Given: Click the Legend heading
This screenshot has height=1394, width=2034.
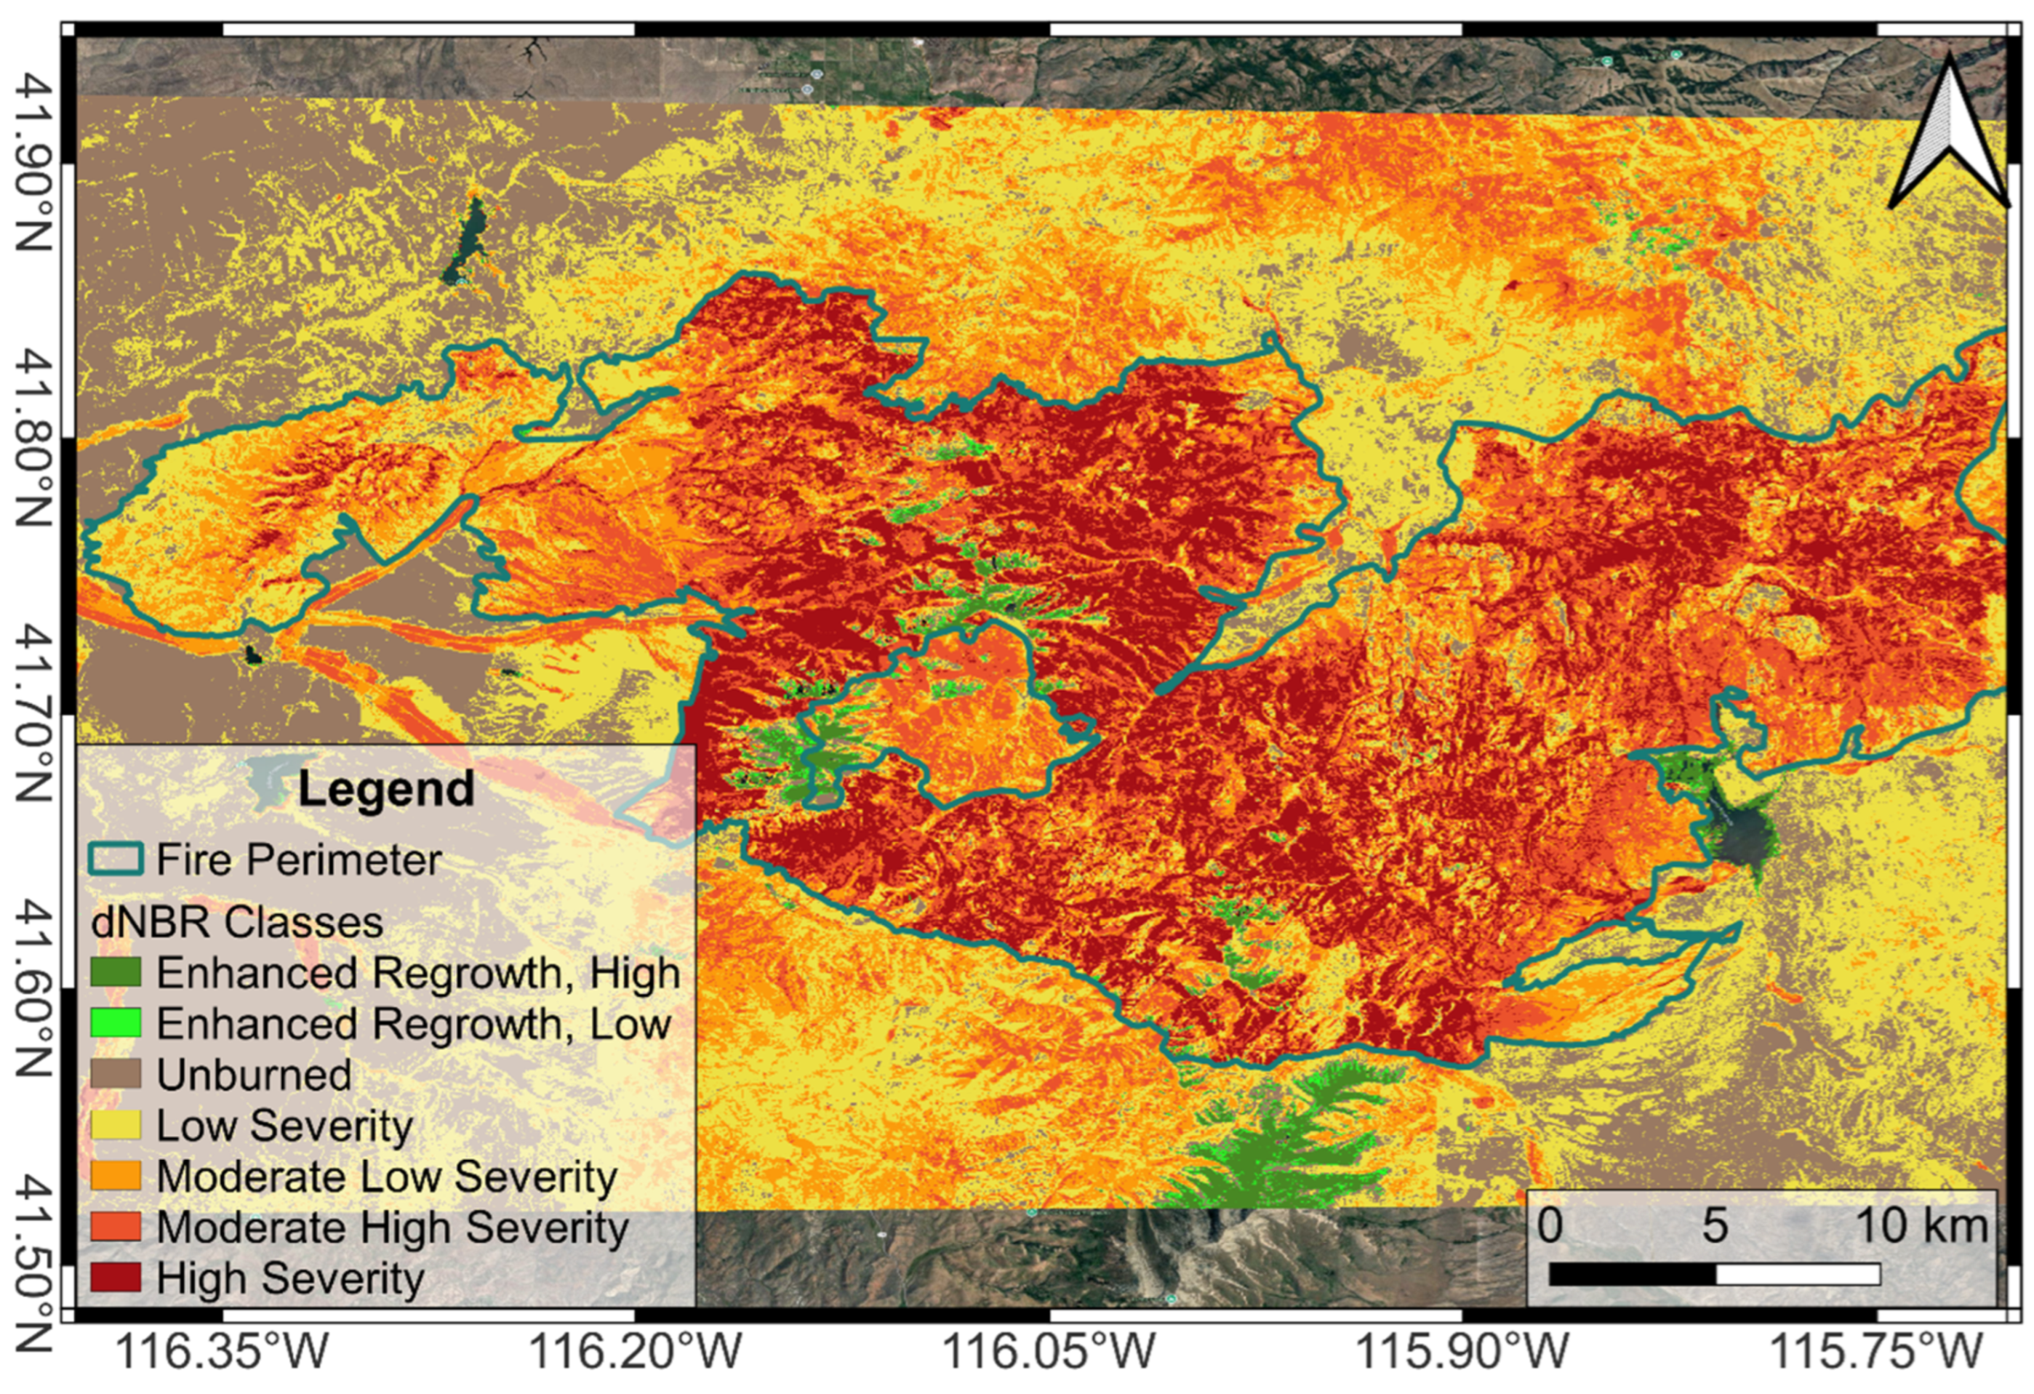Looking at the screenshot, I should click(x=386, y=788).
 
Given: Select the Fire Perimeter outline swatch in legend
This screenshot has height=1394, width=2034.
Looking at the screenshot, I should click(x=116, y=860).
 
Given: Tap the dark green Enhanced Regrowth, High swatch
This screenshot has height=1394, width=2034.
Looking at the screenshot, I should click(x=116, y=972).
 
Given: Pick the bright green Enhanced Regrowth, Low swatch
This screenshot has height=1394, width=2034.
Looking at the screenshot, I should click(x=116, y=1023).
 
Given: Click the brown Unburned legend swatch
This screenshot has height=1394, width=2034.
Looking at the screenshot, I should click(x=116, y=1074).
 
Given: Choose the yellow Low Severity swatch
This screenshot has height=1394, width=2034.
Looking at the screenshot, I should click(x=116, y=1124).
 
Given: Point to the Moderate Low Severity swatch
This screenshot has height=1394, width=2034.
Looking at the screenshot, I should click(x=116, y=1175).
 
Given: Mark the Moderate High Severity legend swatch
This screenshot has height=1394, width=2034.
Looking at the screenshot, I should click(x=116, y=1227).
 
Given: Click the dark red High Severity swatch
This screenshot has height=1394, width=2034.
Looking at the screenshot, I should click(x=116, y=1278).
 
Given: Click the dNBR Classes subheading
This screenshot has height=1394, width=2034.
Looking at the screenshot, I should click(x=237, y=922).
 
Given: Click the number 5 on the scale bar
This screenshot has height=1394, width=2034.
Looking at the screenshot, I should click(x=1715, y=1225).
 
